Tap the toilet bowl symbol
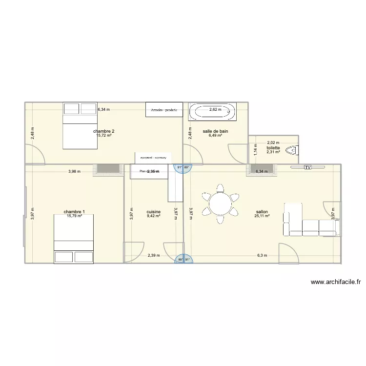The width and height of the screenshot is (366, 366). click(x=292, y=151)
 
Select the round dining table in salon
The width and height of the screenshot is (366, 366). click(x=221, y=201)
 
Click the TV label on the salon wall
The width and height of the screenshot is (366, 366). click(x=307, y=167)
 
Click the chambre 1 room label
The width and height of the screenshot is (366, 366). click(x=74, y=212)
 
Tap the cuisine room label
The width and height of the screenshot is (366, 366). click(x=153, y=212)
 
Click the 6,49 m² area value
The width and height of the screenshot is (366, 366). click(x=215, y=135)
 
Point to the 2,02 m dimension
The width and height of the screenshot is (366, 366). click(x=273, y=143)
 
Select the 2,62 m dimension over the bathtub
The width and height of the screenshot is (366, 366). click(x=215, y=109)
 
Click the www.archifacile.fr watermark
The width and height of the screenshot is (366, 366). click(x=335, y=282)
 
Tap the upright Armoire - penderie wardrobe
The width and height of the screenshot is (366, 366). click(x=164, y=110)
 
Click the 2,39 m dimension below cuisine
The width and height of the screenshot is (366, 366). click(x=154, y=255)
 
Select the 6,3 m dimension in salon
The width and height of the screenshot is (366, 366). click(x=262, y=255)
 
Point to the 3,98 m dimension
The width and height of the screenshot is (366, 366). click(x=74, y=171)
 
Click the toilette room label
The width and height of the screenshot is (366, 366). click(x=273, y=148)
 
